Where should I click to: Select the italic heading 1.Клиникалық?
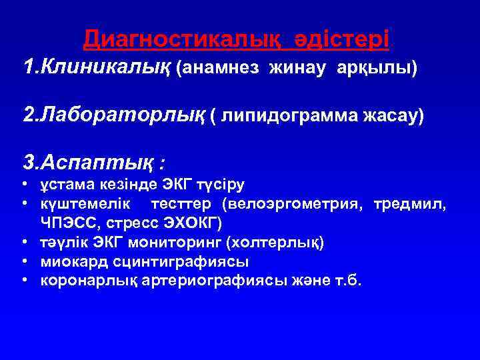pos(97,67)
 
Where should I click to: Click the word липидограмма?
pos(287,117)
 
